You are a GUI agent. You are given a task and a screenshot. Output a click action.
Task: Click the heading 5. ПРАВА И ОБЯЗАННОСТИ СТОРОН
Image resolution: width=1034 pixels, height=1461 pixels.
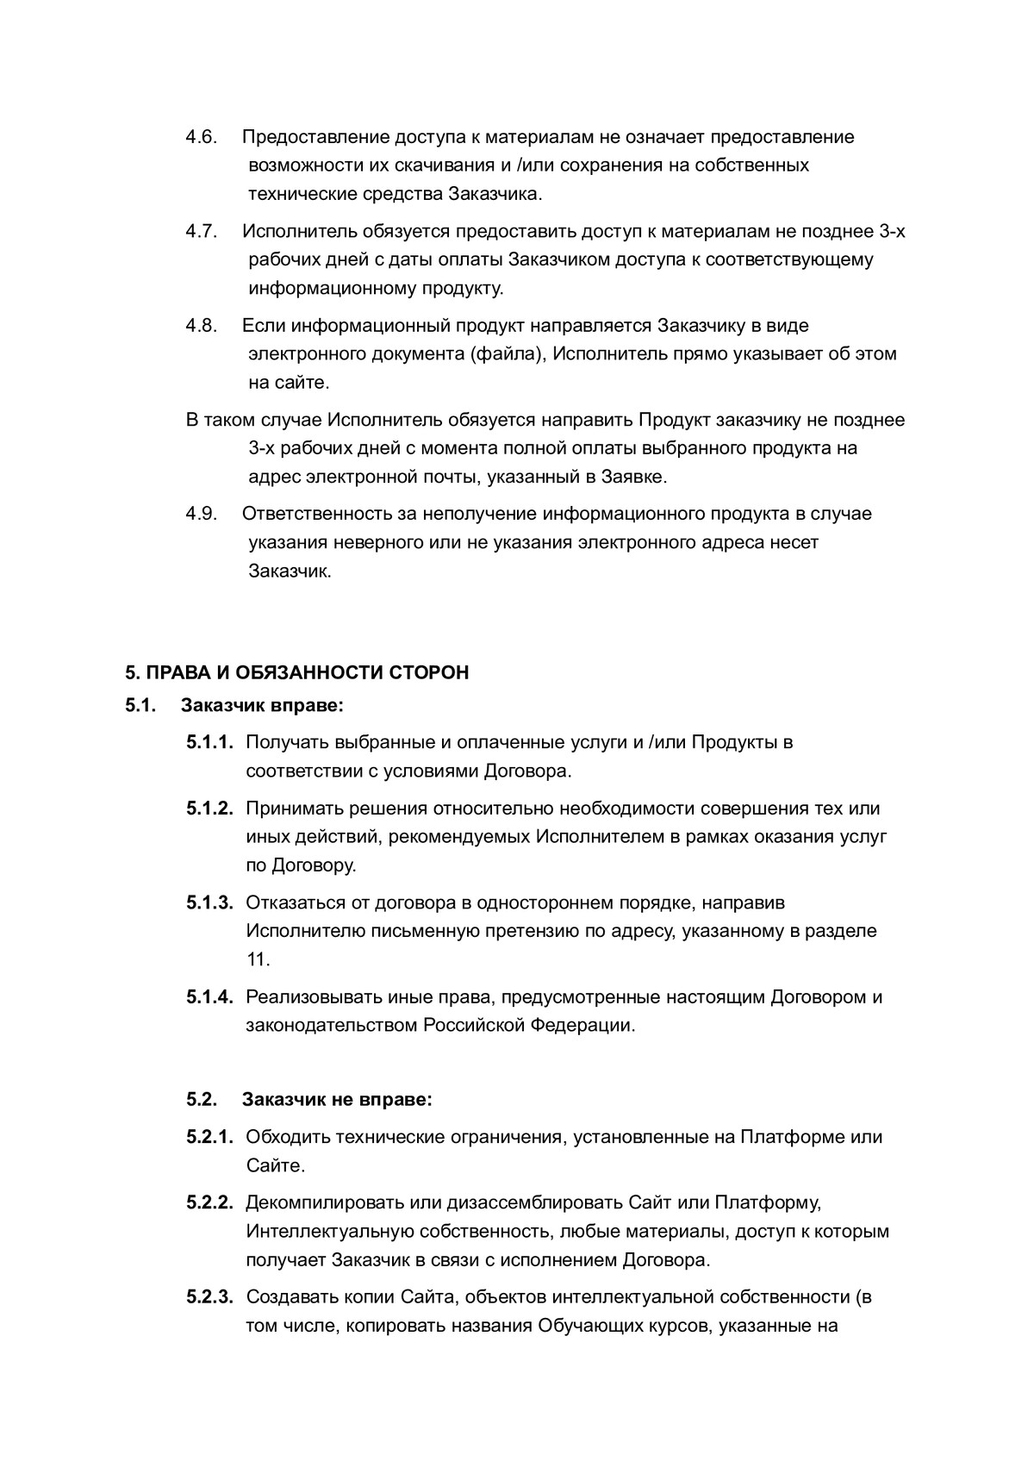[297, 672]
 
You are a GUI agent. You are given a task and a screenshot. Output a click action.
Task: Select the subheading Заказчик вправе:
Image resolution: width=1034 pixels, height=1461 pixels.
[263, 706]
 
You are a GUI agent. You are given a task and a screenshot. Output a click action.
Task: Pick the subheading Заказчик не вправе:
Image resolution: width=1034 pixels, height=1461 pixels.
[337, 1100]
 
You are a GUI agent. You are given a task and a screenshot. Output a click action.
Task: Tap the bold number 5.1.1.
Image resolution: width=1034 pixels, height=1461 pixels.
[210, 742]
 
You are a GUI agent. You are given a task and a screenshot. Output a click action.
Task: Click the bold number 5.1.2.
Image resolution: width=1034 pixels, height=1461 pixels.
[210, 809]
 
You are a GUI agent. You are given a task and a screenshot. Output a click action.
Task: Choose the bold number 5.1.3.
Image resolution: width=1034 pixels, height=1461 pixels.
[210, 902]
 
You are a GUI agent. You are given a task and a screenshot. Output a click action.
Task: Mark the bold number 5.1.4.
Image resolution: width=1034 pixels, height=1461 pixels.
[210, 997]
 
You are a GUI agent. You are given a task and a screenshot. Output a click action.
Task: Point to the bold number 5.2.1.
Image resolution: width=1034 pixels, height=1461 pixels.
[210, 1137]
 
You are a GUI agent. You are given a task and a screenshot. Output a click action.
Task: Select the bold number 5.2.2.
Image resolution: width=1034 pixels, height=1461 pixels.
[210, 1202]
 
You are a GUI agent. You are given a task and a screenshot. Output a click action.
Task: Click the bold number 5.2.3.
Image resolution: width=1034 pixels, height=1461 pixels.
[210, 1297]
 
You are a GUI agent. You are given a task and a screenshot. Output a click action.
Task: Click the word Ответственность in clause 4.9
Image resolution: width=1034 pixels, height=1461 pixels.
[316, 515]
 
